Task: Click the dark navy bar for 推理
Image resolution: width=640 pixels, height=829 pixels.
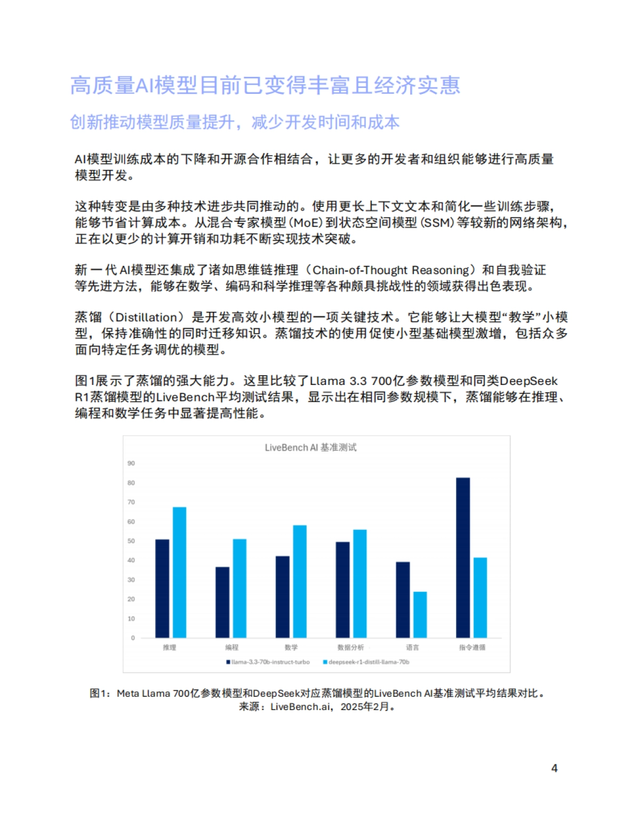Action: (162, 589)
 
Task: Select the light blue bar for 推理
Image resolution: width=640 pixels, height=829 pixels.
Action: (180, 573)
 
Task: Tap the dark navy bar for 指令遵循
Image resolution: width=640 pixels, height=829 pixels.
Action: (463, 558)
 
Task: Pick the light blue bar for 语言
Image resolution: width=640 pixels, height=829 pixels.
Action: (420, 615)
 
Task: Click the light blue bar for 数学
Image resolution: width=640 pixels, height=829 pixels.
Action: (300, 582)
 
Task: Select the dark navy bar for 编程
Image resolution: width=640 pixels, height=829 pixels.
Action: (222, 602)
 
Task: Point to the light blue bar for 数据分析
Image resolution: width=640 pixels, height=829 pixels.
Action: (360, 584)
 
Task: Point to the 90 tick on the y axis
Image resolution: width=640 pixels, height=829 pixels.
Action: (131, 463)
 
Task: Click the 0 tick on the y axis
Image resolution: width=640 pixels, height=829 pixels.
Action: (133, 638)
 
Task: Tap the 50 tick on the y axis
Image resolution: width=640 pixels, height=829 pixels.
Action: (131, 541)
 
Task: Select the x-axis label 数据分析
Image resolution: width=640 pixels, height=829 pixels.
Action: (350, 648)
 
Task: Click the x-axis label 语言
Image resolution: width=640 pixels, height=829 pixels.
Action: (412, 648)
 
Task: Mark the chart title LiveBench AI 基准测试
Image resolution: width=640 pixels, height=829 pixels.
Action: (310, 448)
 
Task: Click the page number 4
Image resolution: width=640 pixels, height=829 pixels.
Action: (554, 768)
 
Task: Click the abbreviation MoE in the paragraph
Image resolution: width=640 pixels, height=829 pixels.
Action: (306, 223)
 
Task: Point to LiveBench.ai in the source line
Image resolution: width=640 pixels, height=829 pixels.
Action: (300, 707)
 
